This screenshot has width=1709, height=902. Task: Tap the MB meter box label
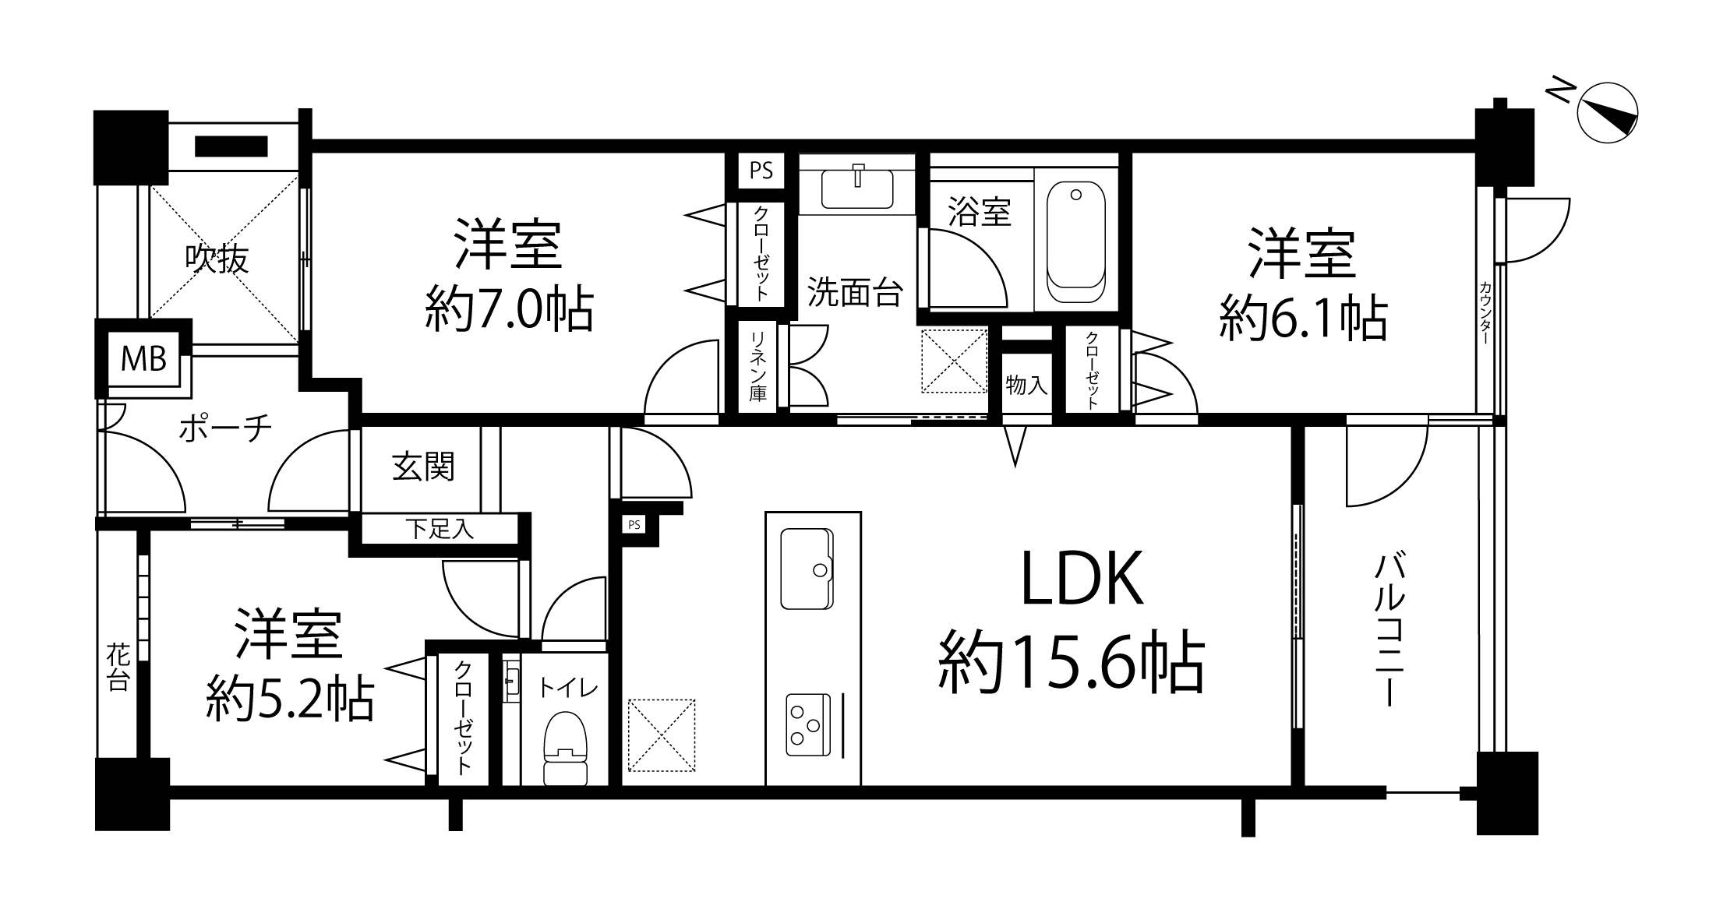(143, 359)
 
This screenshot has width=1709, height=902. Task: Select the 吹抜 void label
(217, 259)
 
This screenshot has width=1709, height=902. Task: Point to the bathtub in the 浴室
(1076, 243)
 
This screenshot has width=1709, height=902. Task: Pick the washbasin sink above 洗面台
(857, 187)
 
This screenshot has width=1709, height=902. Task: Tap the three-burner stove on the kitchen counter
(806, 724)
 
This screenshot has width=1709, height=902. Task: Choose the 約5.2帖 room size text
(290, 699)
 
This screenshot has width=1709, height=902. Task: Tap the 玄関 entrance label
(423, 467)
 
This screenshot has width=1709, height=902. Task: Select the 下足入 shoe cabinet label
(440, 530)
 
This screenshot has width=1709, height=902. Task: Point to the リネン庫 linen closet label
(757, 366)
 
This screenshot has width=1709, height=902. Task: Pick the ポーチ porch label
(225, 428)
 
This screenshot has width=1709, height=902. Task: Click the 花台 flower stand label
(118, 667)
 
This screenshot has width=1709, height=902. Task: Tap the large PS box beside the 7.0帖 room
(761, 171)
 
